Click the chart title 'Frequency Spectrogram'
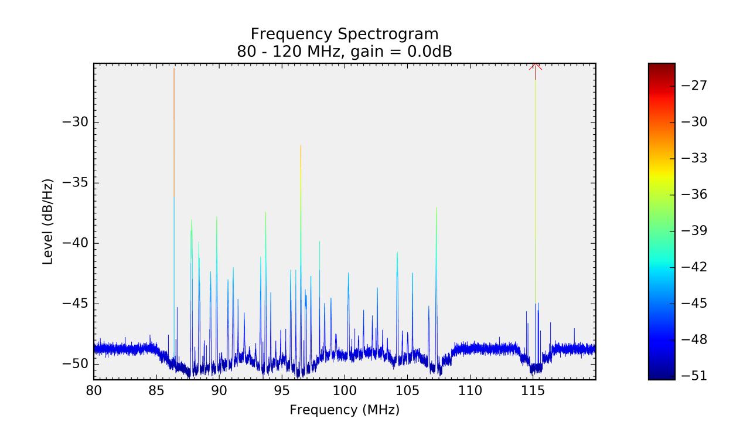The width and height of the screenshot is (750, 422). [345, 33]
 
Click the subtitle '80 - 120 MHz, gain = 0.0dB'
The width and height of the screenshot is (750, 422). [345, 51]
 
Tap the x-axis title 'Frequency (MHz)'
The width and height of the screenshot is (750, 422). [345, 409]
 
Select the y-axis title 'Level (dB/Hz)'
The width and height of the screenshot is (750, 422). [48, 222]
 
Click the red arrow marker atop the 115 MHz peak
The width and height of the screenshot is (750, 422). [535, 66]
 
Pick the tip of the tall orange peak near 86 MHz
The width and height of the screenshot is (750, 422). [174, 69]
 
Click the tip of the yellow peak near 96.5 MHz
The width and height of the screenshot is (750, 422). [301, 146]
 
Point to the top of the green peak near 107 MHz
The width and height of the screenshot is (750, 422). [436, 208]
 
